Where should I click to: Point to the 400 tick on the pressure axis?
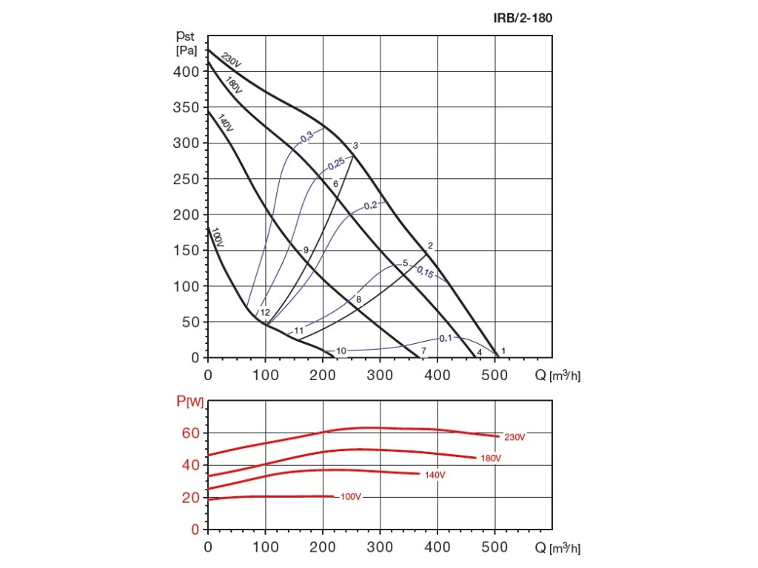coord(188,72)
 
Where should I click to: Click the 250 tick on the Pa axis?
coord(188,179)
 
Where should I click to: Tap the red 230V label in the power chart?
coord(514,437)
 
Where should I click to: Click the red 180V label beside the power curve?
coord(491,459)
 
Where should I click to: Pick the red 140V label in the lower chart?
coord(435,475)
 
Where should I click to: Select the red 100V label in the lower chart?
coord(350,496)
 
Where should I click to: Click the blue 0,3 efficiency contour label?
coord(306,136)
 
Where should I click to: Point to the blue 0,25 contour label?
coord(335,164)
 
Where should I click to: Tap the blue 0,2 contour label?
coord(370,205)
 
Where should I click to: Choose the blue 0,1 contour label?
coord(446,338)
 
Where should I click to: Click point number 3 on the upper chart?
coord(355,146)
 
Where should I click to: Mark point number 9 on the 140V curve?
coord(305,250)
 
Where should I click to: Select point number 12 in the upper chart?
coord(265,313)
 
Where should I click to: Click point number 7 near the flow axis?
coord(423,350)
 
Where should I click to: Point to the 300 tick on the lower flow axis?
coord(380,547)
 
